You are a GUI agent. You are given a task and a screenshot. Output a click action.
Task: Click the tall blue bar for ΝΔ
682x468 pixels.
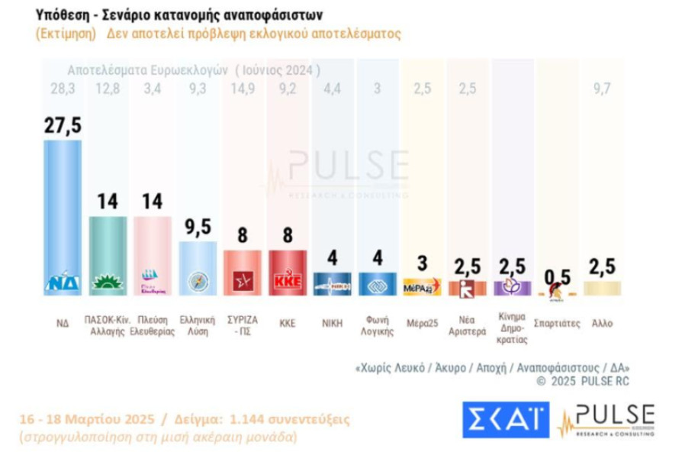coord(63,214)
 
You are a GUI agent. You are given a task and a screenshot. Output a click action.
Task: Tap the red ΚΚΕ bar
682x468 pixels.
coord(287,271)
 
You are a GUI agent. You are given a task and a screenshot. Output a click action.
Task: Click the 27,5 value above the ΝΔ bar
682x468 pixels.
coord(63,126)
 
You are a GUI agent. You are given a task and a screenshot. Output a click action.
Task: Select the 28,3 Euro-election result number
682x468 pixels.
coord(63,89)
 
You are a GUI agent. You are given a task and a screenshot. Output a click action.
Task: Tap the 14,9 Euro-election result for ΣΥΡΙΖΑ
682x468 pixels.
coord(242,89)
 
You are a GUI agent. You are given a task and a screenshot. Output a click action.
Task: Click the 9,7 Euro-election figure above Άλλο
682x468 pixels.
coord(602,89)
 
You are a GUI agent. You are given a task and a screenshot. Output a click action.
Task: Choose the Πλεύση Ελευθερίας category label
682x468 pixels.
coord(153,327)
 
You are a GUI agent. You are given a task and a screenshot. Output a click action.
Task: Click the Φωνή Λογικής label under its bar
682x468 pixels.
coord(376,327)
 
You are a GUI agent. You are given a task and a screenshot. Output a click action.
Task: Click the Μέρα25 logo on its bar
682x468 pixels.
coord(421,288)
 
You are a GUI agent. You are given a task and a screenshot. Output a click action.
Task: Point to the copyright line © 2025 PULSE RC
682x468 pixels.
coord(583,381)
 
